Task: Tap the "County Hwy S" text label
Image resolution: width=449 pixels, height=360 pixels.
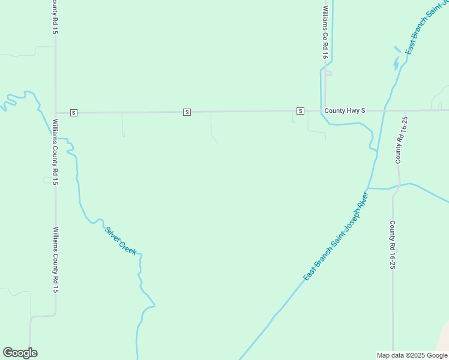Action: pyautogui.click(x=345, y=111)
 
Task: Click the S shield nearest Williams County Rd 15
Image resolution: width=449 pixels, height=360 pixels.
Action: pyautogui.click(x=73, y=112)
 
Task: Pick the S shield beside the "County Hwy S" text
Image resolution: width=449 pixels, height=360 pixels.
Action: pyautogui.click(x=300, y=111)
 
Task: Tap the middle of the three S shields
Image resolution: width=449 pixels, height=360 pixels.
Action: pyautogui.click(x=187, y=112)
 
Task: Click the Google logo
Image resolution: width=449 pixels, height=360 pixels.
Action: pyautogui.click(x=20, y=353)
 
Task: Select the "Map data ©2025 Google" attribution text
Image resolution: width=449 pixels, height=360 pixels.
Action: pyautogui.click(x=412, y=355)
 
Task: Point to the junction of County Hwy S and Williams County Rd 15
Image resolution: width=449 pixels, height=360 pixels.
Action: pyautogui.click(x=56, y=112)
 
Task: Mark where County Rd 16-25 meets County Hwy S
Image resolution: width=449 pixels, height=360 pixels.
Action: pyautogui.click(x=400, y=110)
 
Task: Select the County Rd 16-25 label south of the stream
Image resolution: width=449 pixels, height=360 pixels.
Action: pyautogui.click(x=393, y=244)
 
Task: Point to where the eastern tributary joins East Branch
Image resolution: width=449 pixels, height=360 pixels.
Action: pyautogui.click(x=367, y=188)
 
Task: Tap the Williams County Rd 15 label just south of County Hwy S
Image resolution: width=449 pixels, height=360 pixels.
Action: pyautogui.click(x=55, y=151)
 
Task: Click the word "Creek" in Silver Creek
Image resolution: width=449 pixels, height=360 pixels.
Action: pyautogui.click(x=128, y=247)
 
